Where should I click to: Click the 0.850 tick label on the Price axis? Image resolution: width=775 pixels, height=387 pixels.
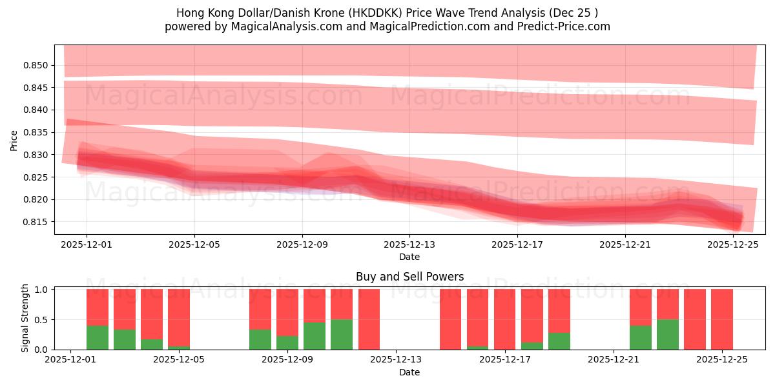pos(36,65)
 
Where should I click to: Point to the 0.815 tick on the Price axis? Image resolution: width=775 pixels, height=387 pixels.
pos(36,222)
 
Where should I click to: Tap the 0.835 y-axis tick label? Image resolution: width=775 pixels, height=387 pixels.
pos(36,132)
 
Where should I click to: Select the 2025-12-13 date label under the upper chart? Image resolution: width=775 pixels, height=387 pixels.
pos(409,244)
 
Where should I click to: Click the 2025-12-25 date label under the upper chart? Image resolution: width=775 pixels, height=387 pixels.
pos(733,244)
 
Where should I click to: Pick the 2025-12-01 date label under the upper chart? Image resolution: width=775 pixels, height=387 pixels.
pos(87,244)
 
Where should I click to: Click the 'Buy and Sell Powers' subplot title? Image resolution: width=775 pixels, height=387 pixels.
pos(409,277)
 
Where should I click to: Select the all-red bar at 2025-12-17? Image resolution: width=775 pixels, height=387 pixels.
pos(504,319)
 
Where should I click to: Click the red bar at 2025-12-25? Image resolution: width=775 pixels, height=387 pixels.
pos(721,319)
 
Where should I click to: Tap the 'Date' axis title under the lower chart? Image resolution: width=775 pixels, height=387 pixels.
pos(409,372)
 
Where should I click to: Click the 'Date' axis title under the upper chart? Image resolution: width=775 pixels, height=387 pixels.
pos(409,257)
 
